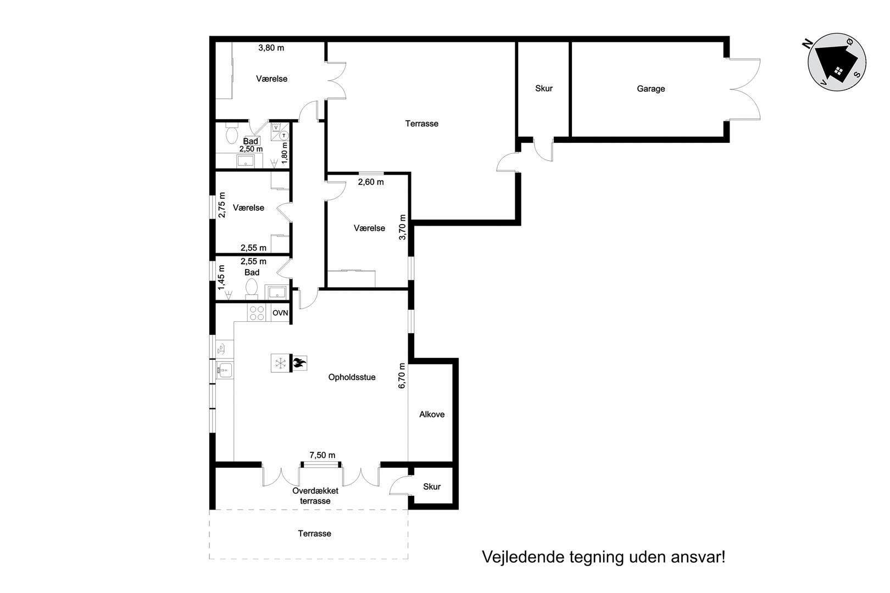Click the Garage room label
tap(651, 88)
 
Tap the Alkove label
tap(432, 414)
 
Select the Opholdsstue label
tap(352, 377)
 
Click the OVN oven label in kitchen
tap(280, 313)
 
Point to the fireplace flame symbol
tap(299, 363)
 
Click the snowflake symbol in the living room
tap(281, 363)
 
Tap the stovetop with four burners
tap(257, 313)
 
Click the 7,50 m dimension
tap(322, 455)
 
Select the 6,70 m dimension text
tap(402, 376)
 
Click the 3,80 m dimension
tap(271, 48)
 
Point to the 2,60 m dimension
tap(371, 182)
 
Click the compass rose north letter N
tap(806, 44)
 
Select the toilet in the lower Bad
tap(251, 288)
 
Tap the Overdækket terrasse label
tap(315, 496)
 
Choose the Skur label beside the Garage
tap(543, 88)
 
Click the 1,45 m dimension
tap(221, 278)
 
